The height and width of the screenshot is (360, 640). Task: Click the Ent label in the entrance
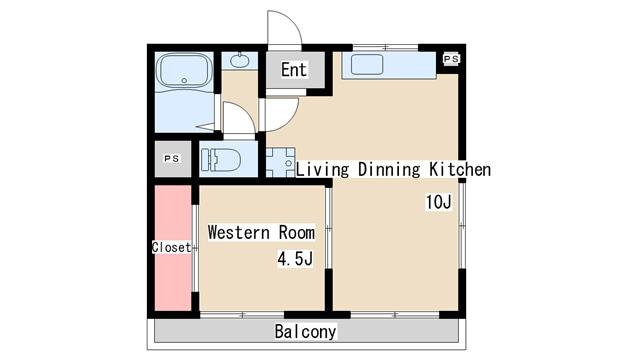[293, 69]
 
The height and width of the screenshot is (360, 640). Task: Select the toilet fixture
[221, 160]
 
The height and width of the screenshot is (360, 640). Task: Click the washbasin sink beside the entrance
[239, 61]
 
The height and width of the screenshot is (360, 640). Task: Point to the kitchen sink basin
[367, 64]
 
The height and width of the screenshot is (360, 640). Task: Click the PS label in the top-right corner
[451, 59]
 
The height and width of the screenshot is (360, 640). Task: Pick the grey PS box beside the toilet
[173, 159]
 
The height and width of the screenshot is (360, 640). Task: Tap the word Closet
[171, 247]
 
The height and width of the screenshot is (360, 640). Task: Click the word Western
[239, 233]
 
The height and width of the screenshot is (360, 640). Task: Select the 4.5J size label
[295, 258]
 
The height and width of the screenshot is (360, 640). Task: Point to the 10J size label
[438, 202]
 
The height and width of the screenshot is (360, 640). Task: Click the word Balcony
[305, 331]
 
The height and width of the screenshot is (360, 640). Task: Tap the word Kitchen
[460, 169]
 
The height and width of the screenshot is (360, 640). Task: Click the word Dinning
[389, 169]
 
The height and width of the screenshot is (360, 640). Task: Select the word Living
[322, 169]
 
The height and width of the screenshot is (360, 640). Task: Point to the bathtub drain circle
[184, 81]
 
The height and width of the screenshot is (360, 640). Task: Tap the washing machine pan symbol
[280, 162]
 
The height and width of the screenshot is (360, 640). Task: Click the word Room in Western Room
[297, 233]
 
